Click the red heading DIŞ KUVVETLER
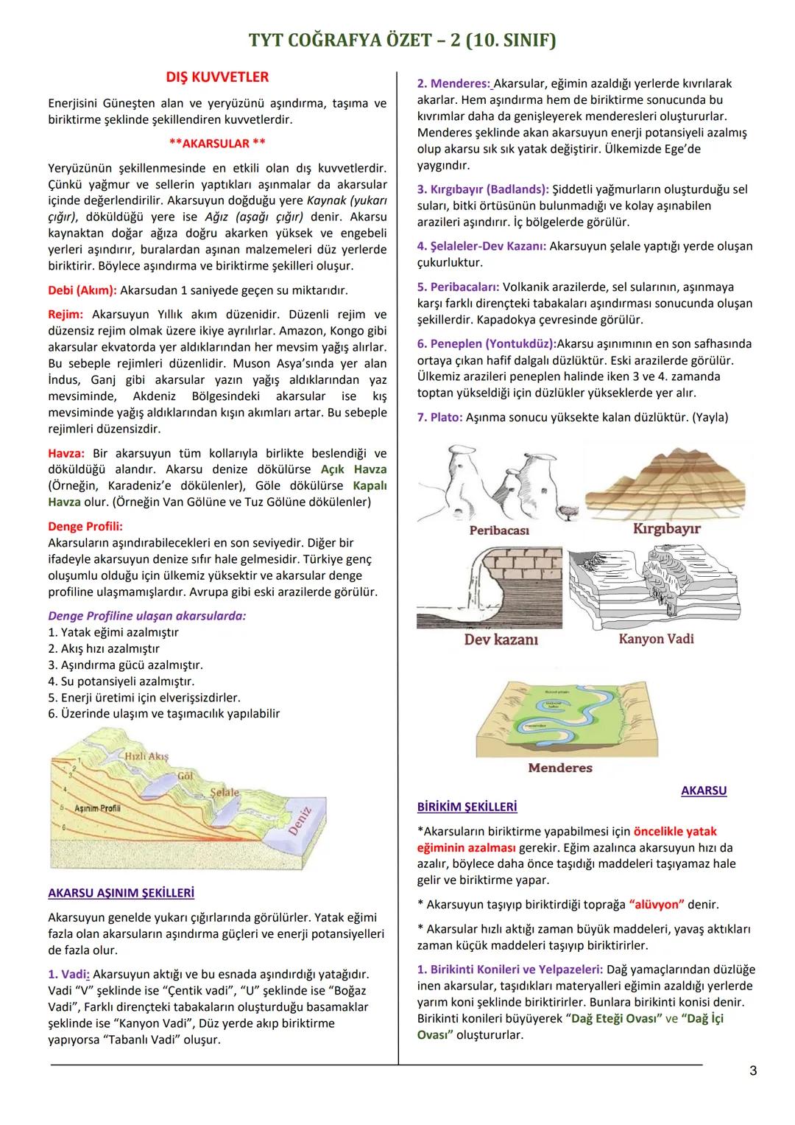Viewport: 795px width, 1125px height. point(217,77)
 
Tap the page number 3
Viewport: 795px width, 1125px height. point(752,1070)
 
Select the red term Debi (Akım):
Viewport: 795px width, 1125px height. point(82,290)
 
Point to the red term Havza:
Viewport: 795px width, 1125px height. point(66,453)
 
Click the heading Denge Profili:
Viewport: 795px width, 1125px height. point(85,526)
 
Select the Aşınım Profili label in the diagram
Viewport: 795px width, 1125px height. point(97,808)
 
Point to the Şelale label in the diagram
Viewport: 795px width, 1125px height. point(225,793)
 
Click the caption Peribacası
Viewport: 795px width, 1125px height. point(499,530)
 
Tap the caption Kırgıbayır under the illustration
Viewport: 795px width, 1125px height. point(666,528)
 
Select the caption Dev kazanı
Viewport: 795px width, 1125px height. point(501,639)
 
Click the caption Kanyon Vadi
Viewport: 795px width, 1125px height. point(656,639)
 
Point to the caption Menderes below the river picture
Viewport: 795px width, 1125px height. point(560,768)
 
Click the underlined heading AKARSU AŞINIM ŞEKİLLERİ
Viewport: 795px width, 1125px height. point(121,893)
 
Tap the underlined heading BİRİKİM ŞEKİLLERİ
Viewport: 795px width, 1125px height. point(467,807)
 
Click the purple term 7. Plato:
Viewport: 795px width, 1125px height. point(440,417)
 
